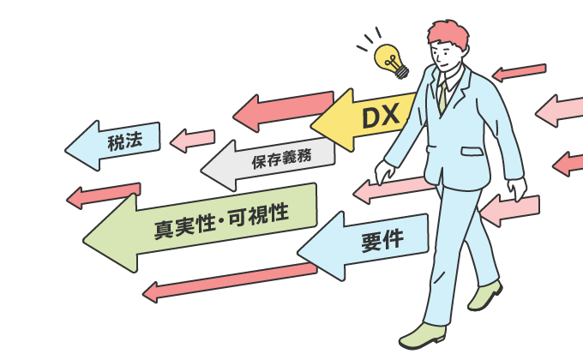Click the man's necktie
(x=442, y=94)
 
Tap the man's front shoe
(x=424, y=334)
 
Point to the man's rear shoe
(x=486, y=296)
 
